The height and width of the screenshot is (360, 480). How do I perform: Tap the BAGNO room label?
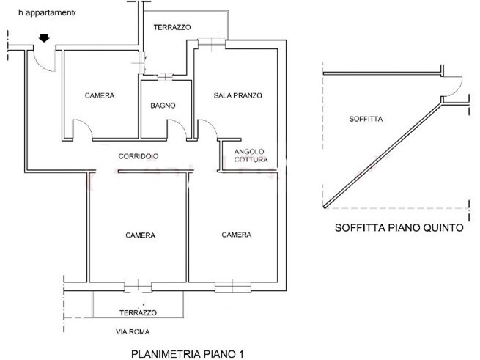coord(163,106)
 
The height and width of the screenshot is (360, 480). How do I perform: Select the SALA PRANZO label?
coord(238,95)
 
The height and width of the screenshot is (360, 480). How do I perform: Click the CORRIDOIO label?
coord(139,156)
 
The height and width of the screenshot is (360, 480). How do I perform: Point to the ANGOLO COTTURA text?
coord(251,155)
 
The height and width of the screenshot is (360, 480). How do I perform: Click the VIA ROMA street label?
coord(131,331)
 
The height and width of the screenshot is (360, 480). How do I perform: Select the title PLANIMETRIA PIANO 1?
coord(187,353)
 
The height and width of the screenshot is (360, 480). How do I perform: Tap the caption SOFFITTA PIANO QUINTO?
coord(399,227)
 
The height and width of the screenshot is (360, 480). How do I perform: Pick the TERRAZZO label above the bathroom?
coord(172,27)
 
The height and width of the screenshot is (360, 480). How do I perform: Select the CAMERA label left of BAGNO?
coord(99,95)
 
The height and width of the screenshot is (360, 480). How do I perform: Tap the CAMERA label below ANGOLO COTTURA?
coord(237,235)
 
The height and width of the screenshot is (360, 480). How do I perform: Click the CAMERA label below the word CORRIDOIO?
coord(139,235)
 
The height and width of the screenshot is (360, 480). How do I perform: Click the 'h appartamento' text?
coord(41,13)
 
